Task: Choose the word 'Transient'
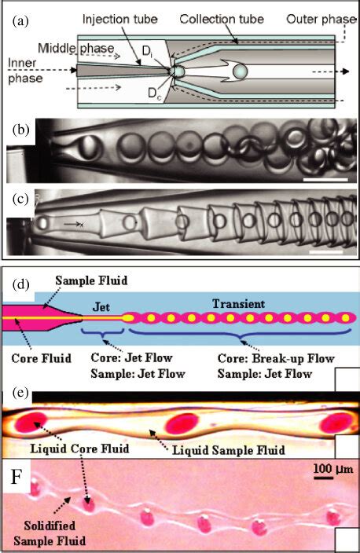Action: (242, 302)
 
